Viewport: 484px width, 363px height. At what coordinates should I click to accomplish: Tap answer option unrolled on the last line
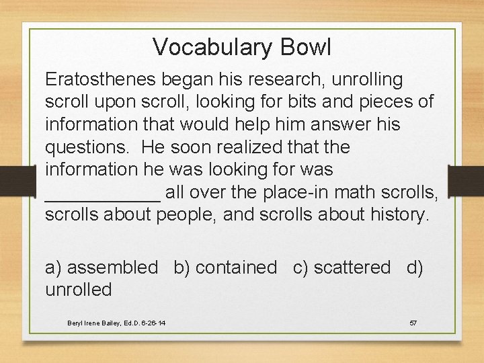tap(78, 290)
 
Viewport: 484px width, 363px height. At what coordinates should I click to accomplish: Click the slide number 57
tap(413, 323)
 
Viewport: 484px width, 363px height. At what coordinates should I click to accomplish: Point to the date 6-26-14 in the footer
tap(153, 323)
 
